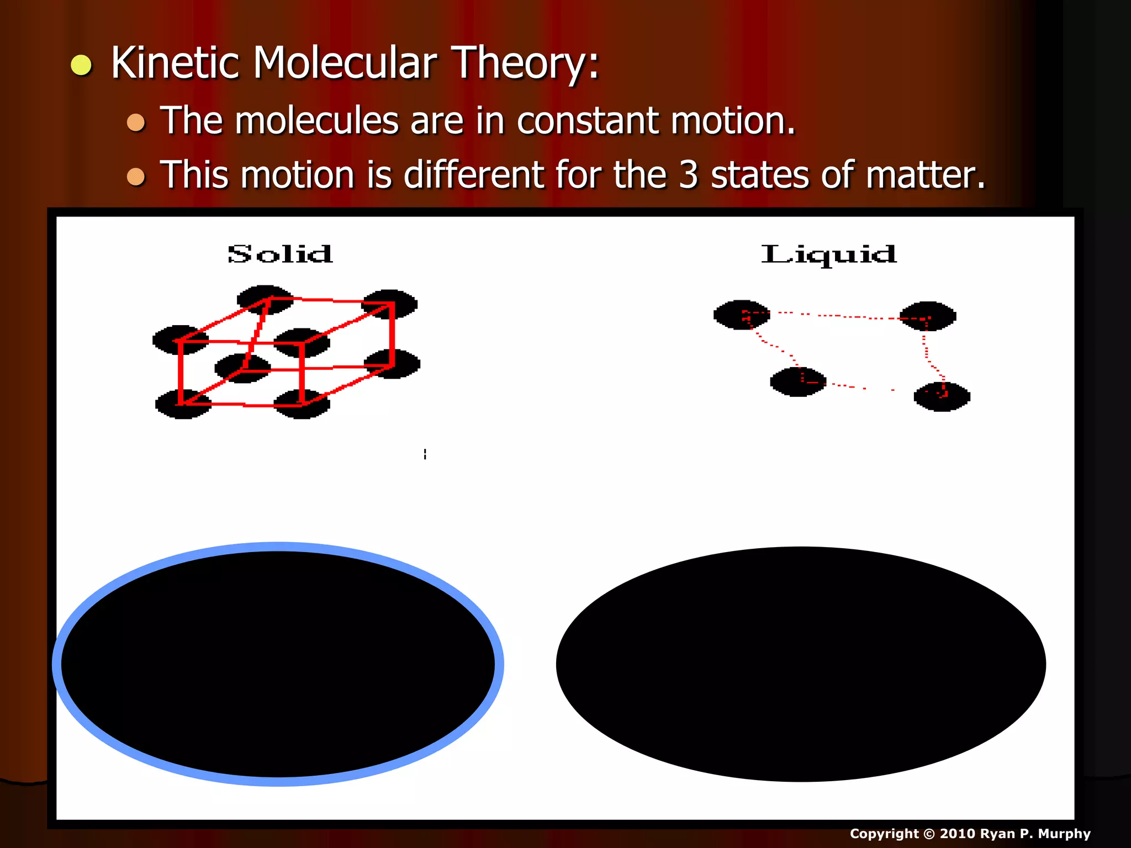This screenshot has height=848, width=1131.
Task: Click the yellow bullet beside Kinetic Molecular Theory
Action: tap(81, 65)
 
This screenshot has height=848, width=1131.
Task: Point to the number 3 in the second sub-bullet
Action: tap(688, 175)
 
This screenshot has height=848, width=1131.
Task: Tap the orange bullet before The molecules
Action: tap(136, 122)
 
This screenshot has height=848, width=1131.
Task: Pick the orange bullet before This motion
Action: tap(136, 177)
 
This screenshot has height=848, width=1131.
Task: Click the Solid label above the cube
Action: tap(280, 255)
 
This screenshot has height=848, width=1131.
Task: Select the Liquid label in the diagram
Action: tap(828, 255)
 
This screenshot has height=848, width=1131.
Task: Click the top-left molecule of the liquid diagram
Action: tap(742, 315)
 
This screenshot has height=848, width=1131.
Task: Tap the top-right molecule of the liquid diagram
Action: tap(928, 316)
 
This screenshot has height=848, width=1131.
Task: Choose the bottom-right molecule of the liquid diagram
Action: tap(942, 396)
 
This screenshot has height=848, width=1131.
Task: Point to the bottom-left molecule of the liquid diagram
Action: tap(798, 381)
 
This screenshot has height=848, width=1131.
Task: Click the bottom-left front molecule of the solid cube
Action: tap(183, 404)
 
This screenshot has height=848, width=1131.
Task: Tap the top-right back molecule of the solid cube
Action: tap(390, 304)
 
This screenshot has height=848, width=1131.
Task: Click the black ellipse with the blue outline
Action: tap(278, 664)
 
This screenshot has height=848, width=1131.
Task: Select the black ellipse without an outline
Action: tap(801, 664)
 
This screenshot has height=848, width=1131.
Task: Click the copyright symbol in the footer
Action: tap(929, 834)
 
